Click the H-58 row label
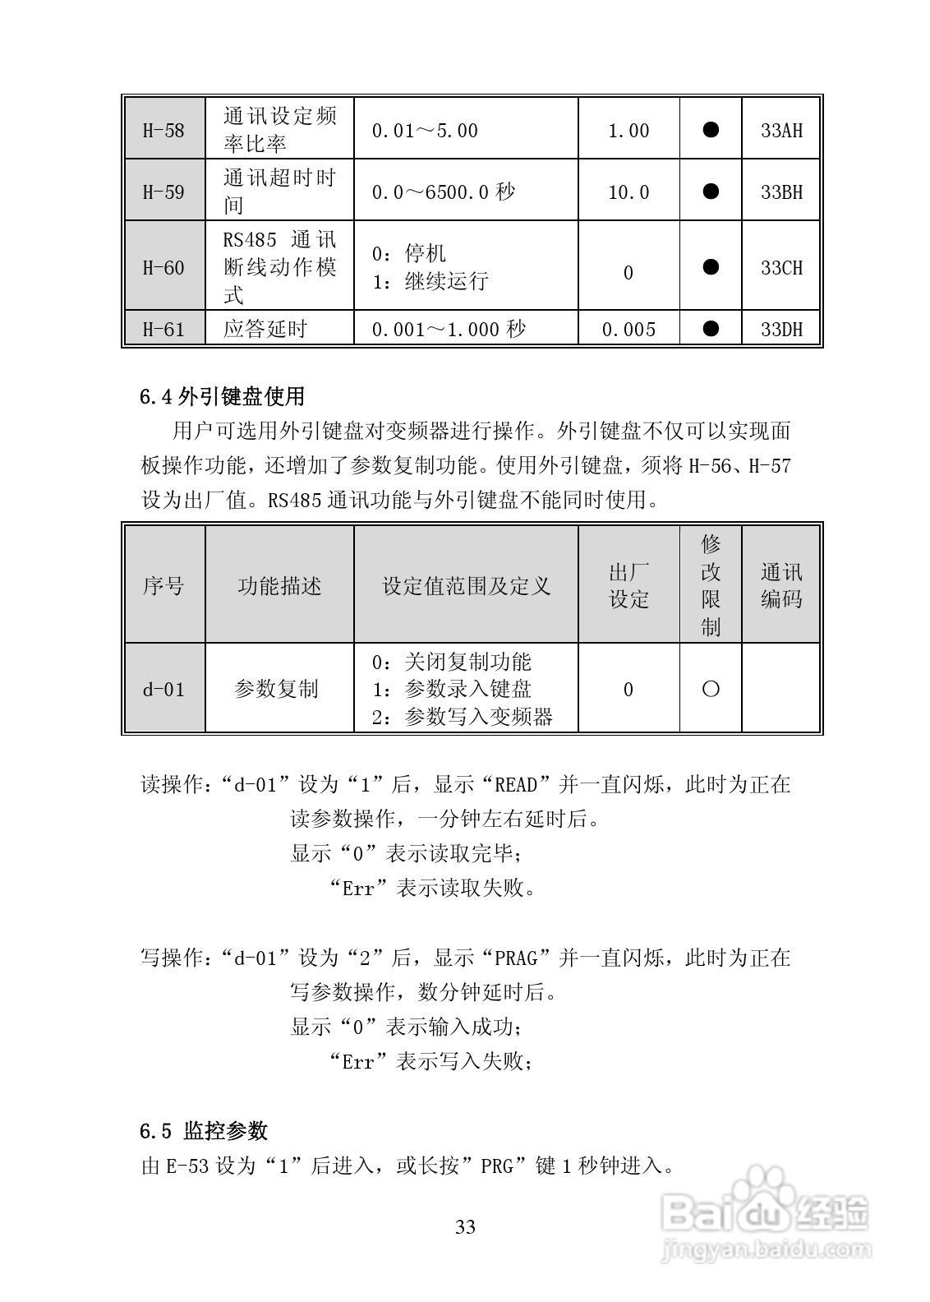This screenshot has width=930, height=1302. coord(163,130)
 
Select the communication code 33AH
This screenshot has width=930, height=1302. coord(780,130)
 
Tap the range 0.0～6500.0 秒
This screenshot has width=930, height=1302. coord(443,192)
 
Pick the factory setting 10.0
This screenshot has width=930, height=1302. coord(628,192)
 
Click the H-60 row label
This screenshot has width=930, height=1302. coord(163,267)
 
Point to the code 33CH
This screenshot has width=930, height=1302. coord(780,267)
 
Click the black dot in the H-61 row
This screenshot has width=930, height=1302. coord(711,329)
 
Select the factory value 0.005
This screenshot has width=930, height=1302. coord(628,330)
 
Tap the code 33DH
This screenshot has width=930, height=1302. coord(780,330)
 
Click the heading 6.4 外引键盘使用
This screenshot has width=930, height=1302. coord(222,396)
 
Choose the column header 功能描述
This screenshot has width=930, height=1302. coord(279,586)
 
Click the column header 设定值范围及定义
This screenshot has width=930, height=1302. coord(466,586)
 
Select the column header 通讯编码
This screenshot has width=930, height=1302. coord(780,585)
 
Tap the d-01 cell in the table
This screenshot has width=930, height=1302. coord(163,689)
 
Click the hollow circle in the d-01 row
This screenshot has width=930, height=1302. coord(711,689)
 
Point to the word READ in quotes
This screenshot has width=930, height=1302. coord(516,784)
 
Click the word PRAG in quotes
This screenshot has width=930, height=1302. coord(516,958)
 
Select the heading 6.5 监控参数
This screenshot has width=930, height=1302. coord(204,1131)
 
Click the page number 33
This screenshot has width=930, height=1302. coord(465,1227)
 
